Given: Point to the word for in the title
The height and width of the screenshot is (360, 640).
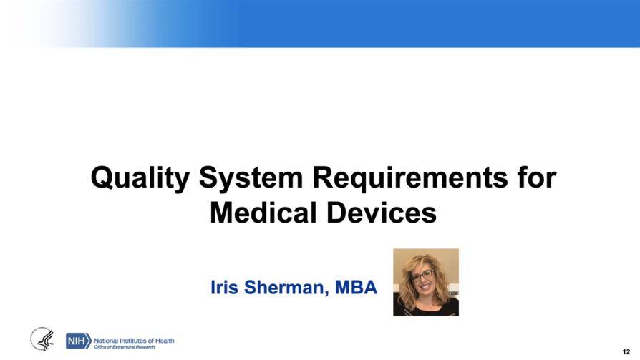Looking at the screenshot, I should click(535, 177).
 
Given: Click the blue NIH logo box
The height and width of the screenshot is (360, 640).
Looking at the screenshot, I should click(77, 341).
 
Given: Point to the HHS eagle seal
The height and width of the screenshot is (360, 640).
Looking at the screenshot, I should click(42, 340).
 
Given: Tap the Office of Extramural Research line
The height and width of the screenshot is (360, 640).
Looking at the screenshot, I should click(125, 347).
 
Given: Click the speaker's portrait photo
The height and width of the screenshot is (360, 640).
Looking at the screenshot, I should click(426, 282).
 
